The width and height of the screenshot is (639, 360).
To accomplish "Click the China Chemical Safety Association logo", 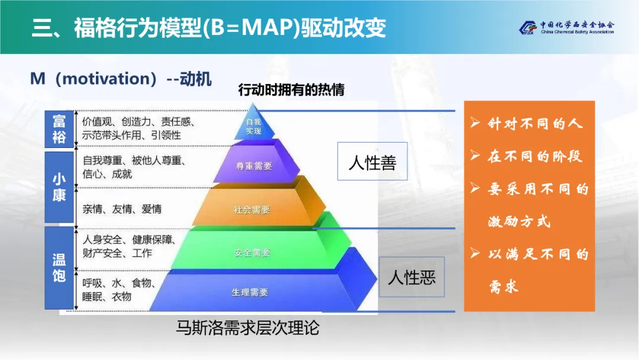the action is tap(566, 28).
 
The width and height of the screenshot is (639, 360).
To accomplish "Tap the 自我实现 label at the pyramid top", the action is tap(253, 126).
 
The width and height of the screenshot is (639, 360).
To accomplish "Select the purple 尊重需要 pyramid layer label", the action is tap(254, 166).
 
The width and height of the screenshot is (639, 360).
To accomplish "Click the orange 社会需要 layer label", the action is tap(252, 210).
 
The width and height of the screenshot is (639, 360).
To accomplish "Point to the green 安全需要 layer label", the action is tap(252, 253).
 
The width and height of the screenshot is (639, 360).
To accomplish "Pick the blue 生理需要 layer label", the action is tap(250, 292).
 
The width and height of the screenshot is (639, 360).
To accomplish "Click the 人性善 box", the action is tap(373, 162).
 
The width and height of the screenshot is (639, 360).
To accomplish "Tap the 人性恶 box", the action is tap(412, 277).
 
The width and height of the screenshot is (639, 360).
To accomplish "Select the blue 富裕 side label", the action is tap(59, 129).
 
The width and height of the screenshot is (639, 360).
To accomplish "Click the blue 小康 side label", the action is tap(59, 187).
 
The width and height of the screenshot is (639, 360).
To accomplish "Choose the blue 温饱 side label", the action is tap(59, 268).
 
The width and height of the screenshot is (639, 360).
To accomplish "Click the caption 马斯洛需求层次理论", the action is tap(248, 328).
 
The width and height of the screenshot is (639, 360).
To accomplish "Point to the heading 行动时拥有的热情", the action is tap(291, 89).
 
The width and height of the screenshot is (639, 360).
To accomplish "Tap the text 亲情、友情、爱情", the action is tap(122, 209).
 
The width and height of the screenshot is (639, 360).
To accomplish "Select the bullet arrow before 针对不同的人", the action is tap(475, 123).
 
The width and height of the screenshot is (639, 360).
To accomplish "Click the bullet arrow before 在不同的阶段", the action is tap(475, 155).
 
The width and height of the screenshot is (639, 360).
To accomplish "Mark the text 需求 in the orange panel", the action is tap(504, 287).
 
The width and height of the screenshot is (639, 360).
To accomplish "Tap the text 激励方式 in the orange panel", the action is tap(519, 221).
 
